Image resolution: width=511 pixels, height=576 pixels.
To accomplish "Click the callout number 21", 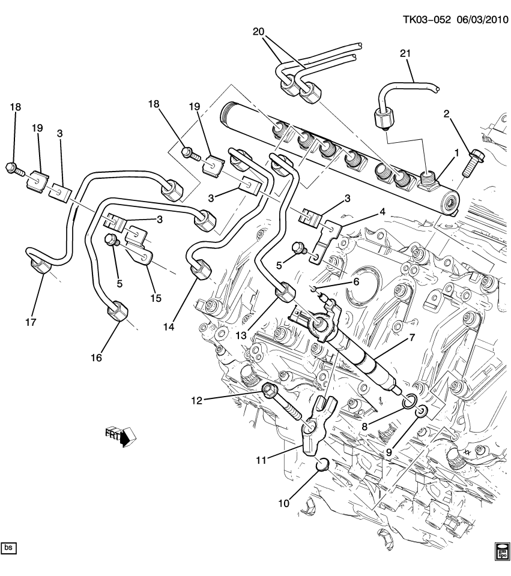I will [x=407, y=54].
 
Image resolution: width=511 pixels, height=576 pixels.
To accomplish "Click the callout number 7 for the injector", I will [x=412, y=338].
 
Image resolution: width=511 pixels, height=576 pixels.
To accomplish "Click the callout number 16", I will [x=96, y=358].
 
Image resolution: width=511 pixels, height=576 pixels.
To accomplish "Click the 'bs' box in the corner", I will [x=9, y=547].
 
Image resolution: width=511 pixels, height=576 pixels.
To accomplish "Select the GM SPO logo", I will [x=502, y=550].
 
